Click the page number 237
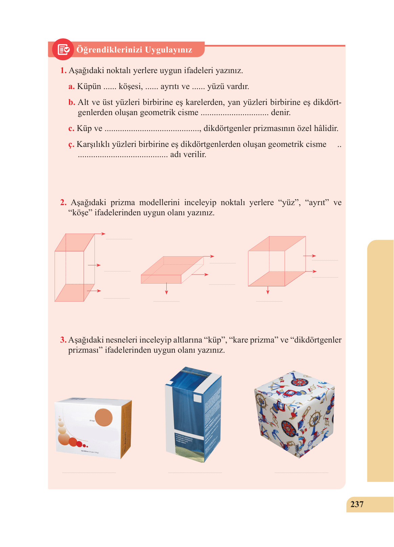pyautogui.click(x=357, y=504)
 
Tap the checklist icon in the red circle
pyautogui.click(x=63, y=49)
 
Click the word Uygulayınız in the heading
pyautogui.click(x=168, y=50)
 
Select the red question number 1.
pyautogui.click(x=63, y=70)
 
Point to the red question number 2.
pyautogui.click(x=63, y=202)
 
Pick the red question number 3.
pyautogui.click(x=63, y=340)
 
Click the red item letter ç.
pyautogui.click(x=71, y=145)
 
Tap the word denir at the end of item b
pyautogui.click(x=281, y=112)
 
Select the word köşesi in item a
pyautogui.click(x=130, y=86)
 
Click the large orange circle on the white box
pyautogui.click(x=104, y=417)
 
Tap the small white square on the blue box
pyautogui.click(x=197, y=398)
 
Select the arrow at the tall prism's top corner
pyautogui.click(x=100, y=234)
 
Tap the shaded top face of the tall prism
pyautogui.click(x=75, y=242)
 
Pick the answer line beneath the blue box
pyautogui.click(x=195, y=472)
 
